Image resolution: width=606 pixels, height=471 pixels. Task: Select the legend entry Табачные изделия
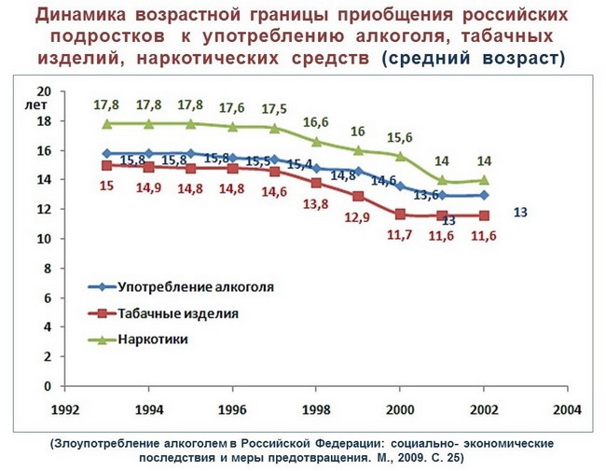click(178, 313)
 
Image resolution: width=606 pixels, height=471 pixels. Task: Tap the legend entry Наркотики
click(153, 339)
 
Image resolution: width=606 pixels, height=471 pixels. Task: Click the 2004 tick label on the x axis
click(566, 409)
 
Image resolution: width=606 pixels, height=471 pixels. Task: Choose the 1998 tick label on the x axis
click(315, 409)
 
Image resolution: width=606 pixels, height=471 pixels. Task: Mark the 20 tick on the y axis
click(42, 91)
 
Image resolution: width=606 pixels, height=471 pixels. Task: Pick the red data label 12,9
click(357, 217)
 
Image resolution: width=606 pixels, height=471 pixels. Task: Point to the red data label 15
click(106, 186)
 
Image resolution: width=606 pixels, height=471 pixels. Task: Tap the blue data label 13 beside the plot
click(520, 213)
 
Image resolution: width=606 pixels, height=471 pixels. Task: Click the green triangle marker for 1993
click(107, 123)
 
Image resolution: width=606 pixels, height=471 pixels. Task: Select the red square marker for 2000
click(400, 215)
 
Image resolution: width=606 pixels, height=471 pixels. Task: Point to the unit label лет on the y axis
click(39, 105)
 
